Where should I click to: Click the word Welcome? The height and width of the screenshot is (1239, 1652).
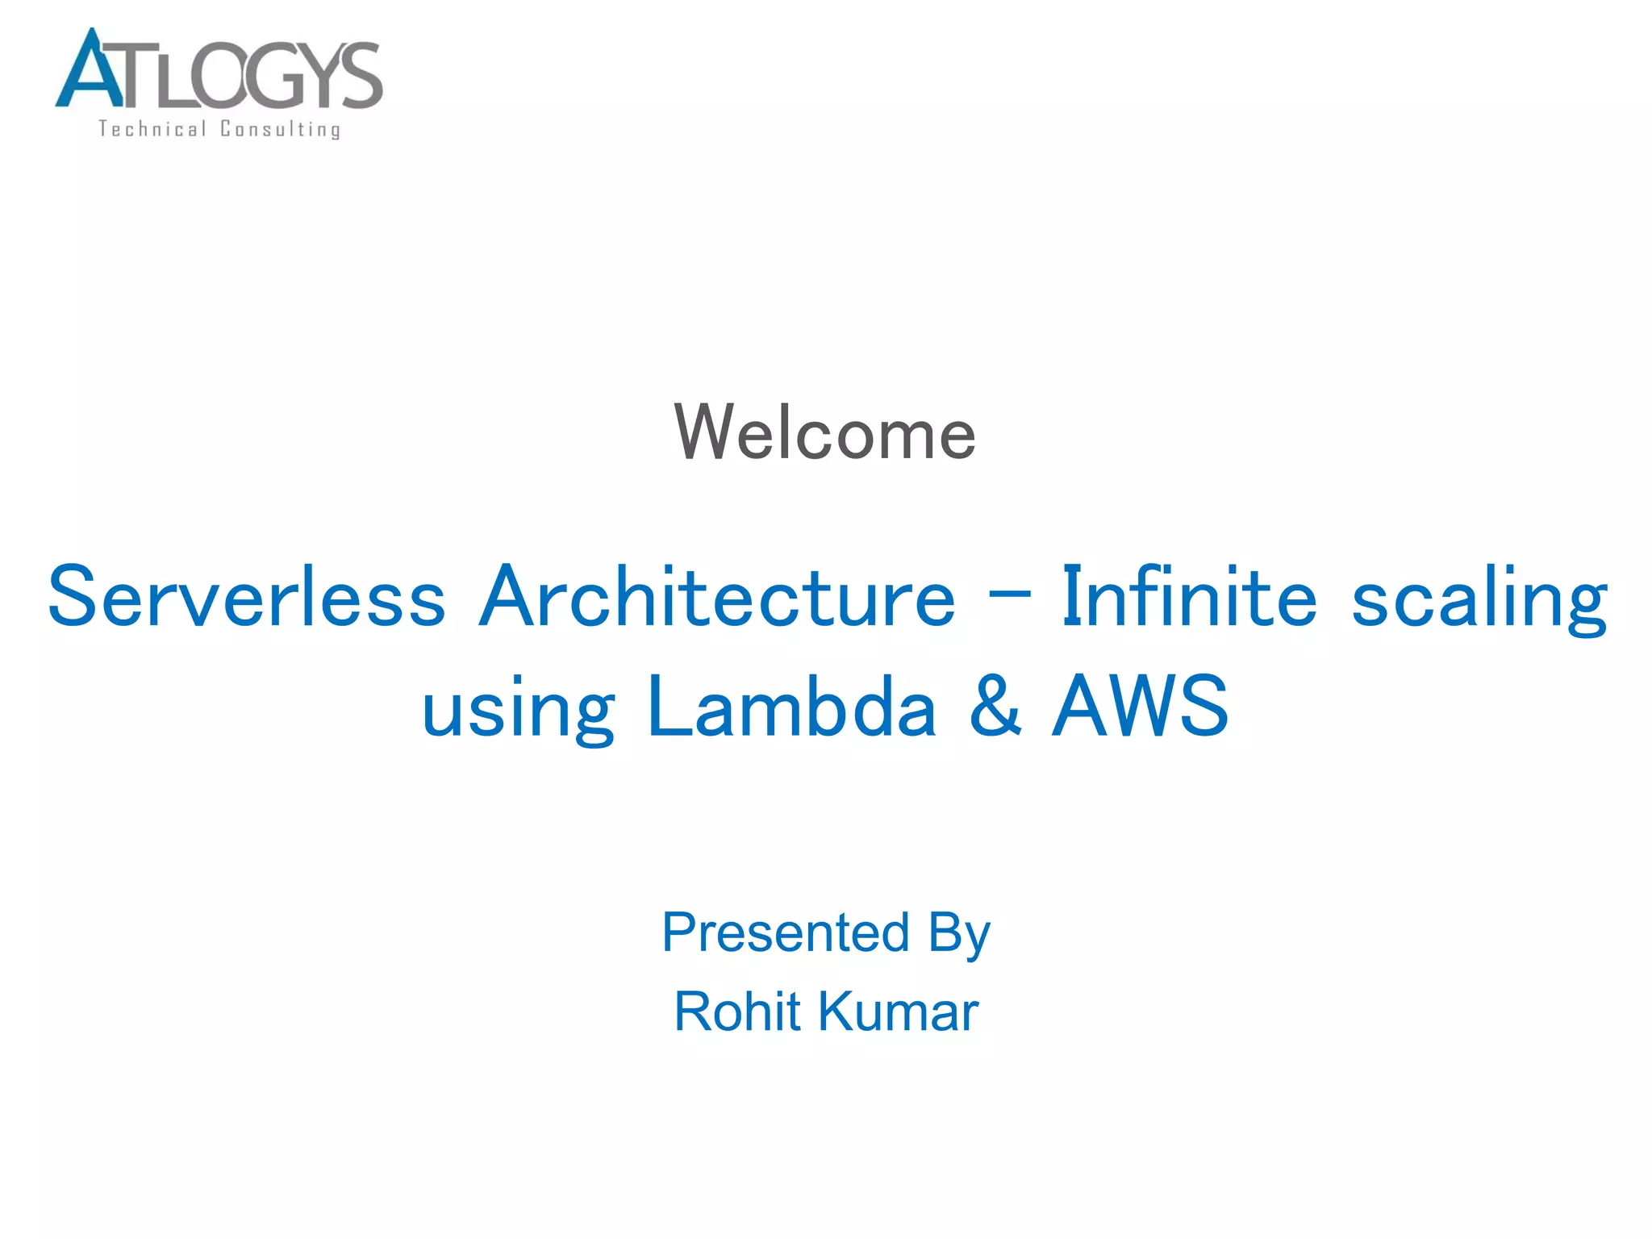point(824,433)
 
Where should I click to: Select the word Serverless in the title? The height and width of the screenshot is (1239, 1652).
point(247,597)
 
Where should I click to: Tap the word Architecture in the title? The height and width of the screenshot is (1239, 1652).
point(717,597)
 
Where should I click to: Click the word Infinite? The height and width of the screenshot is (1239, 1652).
point(1189,597)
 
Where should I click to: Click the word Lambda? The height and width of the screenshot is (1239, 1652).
point(791,707)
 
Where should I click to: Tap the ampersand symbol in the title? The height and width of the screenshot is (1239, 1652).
point(996,707)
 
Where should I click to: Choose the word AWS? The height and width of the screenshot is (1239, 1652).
point(1141,707)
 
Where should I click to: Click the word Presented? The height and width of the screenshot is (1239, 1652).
point(786,932)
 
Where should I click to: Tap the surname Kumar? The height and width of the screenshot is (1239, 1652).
point(899,1012)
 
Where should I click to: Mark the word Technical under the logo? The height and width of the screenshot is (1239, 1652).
point(152,129)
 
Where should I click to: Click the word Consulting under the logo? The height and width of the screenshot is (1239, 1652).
point(281,130)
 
